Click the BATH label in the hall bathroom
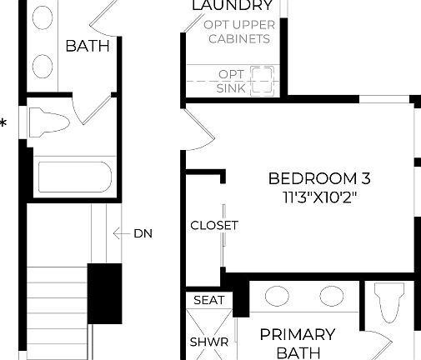[x=88, y=46]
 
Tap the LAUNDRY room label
[x=232, y=7]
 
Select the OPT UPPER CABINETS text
[x=239, y=32]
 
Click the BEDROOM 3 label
[x=319, y=178]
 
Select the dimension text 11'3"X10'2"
[x=320, y=197]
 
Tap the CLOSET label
[x=214, y=225]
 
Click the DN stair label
[x=143, y=233]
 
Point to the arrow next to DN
[x=118, y=233]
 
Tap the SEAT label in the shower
[x=208, y=300]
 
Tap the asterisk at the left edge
[x=3, y=125]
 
